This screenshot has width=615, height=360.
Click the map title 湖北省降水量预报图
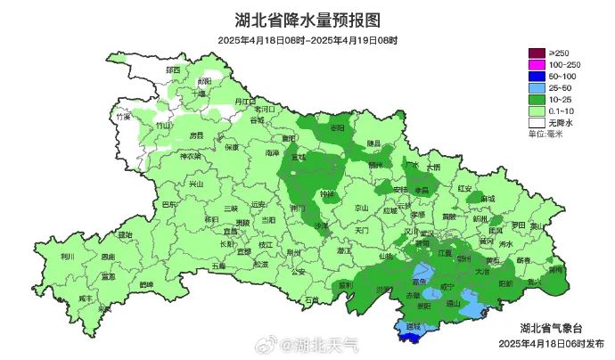point(307,19)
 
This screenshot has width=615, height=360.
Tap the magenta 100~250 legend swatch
point(537,65)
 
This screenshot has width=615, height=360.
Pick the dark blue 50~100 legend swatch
point(537,77)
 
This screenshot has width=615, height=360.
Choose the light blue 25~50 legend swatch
point(537,88)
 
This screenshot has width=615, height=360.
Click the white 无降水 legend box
point(537,122)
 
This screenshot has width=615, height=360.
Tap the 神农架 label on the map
point(192,157)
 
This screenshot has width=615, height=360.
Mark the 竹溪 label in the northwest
point(123,117)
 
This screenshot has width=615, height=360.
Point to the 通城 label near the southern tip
point(412,327)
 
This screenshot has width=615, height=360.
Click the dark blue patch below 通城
point(412,336)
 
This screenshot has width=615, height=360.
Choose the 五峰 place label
point(218,266)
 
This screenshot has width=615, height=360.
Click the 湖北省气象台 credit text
point(552,327)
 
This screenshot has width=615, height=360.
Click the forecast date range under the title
point(307,40)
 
